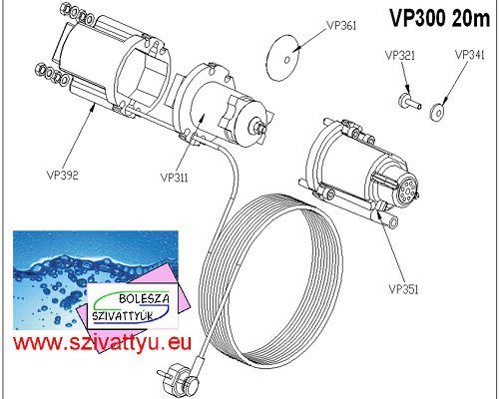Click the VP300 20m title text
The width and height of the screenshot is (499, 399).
coord(440,18)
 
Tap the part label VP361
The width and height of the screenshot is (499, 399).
coord(341,26)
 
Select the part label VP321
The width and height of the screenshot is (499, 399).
coord(400,56)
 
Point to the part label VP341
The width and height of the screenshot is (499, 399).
coord(470,55)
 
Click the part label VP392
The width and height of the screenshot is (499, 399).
coord(63,175)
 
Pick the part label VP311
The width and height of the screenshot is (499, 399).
coord(174,178)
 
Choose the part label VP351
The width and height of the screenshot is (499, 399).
coord(403,289)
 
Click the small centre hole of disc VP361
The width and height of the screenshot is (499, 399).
coord(287,60)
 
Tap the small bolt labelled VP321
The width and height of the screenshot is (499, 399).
coord(410,101)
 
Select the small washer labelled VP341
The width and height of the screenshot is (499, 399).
coord(437,113)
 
